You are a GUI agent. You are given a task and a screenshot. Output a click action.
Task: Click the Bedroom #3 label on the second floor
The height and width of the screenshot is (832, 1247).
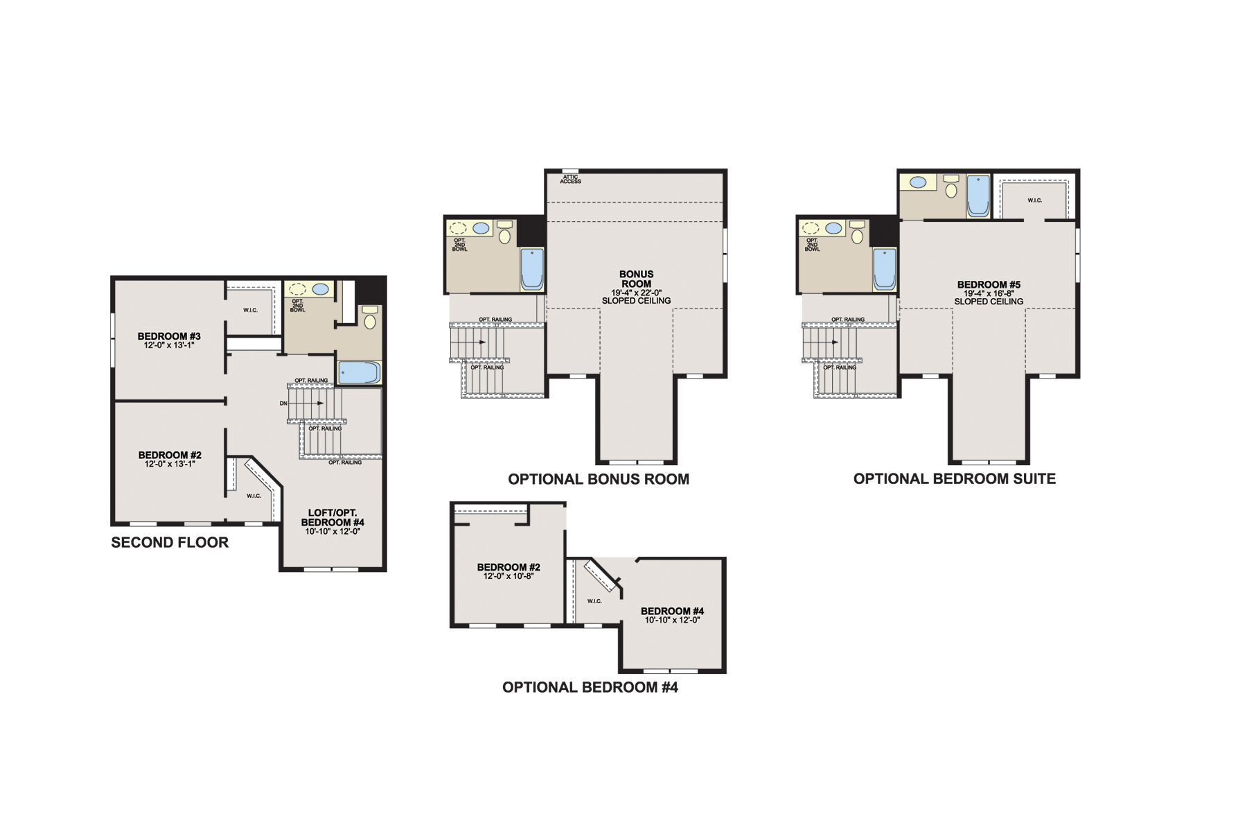[x=169, y=336]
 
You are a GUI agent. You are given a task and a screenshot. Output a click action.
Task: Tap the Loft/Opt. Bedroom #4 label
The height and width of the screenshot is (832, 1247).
[x=333, y=517]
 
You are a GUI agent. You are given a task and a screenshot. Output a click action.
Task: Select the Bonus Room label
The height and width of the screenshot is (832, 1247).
[x=636, y=279]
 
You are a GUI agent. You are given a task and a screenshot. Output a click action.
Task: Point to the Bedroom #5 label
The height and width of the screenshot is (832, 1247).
[x=989, y=284]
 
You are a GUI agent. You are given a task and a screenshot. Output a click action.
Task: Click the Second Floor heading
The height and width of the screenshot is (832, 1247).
[x=170, y=542]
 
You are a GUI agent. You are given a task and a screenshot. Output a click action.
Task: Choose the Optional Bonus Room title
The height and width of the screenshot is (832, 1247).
[x=599, y=479]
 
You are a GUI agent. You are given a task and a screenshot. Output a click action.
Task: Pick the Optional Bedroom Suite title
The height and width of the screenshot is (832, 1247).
[x=955, y=478]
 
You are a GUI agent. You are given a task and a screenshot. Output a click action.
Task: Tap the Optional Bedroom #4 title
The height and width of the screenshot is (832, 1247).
[x=590, y=687]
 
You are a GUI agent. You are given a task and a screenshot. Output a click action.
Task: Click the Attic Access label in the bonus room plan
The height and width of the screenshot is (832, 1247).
[x=571, y=179]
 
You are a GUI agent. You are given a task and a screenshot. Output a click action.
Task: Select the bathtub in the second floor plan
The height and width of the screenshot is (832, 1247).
[x=360, y=372]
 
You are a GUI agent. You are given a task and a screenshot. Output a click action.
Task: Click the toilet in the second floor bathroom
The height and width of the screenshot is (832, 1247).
[x=370, y=318]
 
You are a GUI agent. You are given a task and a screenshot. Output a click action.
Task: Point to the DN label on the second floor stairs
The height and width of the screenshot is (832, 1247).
[x=283, y=403]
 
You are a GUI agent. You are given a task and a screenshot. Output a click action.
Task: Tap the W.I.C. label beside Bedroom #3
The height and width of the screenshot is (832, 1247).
[x=251, y=310]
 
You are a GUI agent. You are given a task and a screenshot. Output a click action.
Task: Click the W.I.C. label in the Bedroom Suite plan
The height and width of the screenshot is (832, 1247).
[x=1034, y=200]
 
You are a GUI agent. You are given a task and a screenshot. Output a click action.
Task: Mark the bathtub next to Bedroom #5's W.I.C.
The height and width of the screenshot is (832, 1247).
[x=978, y=196]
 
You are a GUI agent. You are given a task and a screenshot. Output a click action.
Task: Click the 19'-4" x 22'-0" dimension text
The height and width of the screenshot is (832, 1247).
[x=636, y=293]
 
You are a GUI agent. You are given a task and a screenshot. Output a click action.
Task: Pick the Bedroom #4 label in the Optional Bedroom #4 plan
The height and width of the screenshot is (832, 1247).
[x=672, y=611]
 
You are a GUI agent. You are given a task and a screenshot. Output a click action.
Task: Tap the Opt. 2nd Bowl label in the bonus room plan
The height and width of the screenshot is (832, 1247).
[x=460, y=245]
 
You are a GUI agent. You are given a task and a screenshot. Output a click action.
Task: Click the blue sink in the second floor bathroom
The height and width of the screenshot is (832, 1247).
[x=321, y=289]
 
